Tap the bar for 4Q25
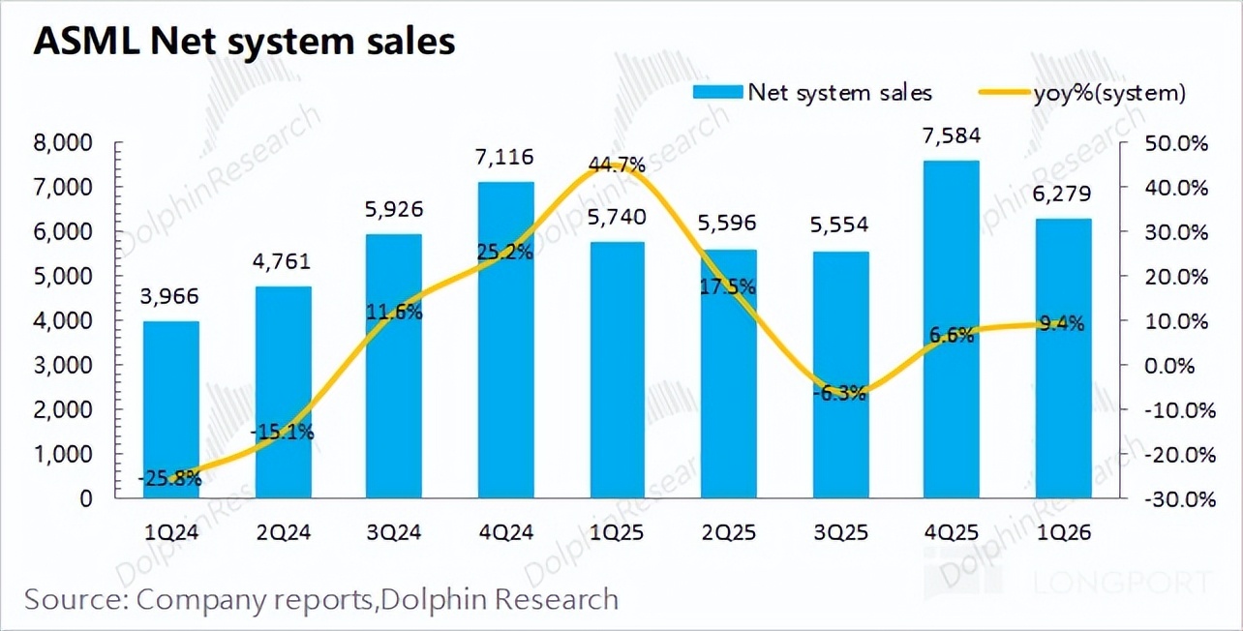pos(952,329)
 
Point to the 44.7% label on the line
pos(617,165)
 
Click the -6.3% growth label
pos(840,393)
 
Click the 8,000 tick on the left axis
pos(64,143)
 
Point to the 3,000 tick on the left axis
pos(64,366)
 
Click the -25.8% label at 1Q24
pos(170,477)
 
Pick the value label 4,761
pos(284,262)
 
